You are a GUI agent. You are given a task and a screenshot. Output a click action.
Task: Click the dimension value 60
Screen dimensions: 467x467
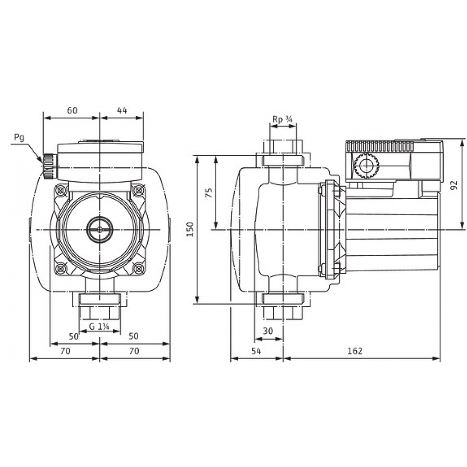(x=71, y=111)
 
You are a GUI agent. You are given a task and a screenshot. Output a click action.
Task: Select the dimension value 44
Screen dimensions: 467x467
(x=122, y=111)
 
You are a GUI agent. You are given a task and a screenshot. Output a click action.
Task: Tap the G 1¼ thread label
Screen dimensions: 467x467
(x=99, y=326)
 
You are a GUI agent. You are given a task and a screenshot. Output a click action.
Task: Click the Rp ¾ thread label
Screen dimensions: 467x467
(x=282, y=120)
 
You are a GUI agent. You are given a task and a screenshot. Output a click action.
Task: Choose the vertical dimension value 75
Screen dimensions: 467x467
(x=209, y=192)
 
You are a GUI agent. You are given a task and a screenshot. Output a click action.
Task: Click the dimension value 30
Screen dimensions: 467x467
(x=268, y=331)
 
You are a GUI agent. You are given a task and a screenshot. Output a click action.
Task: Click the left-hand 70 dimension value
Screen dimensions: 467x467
(x=65, y=351)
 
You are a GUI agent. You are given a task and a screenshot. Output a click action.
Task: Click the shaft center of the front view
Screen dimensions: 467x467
(x=99, y=229)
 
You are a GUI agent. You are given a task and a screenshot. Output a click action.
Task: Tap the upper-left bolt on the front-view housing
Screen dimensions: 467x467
(x=60, y=191)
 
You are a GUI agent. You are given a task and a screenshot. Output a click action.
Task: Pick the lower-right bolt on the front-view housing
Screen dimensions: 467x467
(x=139, y=269)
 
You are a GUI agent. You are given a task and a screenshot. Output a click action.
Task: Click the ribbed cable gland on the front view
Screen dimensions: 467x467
(x=49, y=166)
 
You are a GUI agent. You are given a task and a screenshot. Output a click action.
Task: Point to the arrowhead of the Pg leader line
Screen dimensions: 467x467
(x=42, y=162)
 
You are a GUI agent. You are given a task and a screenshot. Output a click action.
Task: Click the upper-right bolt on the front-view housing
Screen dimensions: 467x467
(x=139, y=191)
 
